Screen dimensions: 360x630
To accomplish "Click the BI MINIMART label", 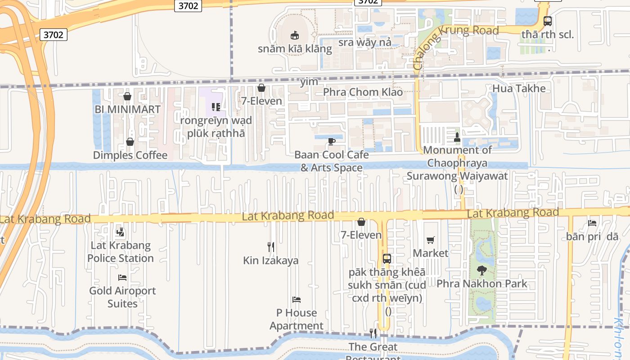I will (127, 109).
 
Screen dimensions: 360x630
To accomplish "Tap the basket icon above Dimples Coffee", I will (130, 142).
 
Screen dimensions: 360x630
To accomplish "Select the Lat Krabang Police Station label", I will (121, 252).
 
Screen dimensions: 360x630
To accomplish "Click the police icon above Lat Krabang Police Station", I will (120, 232).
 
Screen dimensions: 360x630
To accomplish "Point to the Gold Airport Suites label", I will (122, 297).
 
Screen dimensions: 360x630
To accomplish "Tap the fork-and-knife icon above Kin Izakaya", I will (271, 247).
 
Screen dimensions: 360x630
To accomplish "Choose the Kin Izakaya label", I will (271, 261).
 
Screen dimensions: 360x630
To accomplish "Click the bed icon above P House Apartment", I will (296, 299).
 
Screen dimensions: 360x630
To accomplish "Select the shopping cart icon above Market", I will (431, 240).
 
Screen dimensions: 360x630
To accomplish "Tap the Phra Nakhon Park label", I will (481, 284).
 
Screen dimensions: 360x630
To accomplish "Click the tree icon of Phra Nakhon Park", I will (481, 270).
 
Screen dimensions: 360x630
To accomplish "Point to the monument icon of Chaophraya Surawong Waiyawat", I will (457, 136).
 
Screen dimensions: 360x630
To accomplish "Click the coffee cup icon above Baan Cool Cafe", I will (332, 142).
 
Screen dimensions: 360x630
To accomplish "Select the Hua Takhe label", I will (519, 89).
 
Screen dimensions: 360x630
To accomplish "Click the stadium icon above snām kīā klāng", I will (295, 35).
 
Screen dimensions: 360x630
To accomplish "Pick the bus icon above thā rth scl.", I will (548, 21).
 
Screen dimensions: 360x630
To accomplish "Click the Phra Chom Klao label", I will (363, 92).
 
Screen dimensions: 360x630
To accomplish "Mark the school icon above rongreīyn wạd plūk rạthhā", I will (216, 107).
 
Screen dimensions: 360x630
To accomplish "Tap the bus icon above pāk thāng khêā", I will (387, 258).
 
